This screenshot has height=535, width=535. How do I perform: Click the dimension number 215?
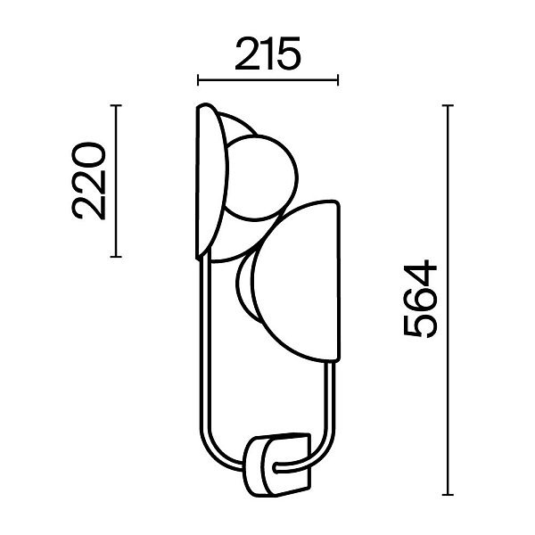(267, 53)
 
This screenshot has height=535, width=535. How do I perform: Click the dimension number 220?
(88, 180)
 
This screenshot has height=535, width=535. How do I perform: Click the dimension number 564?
(420, 300)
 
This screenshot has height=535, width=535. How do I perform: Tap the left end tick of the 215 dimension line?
(198, 80)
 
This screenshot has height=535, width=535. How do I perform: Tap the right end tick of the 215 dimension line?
(338, 80)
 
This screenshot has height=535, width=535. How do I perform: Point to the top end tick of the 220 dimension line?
(116, 106)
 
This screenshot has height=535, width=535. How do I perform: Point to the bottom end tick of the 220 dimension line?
(116, 257)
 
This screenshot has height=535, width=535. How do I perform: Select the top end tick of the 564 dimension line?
(448, 106)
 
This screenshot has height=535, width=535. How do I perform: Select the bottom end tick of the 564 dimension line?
(448, 494)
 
